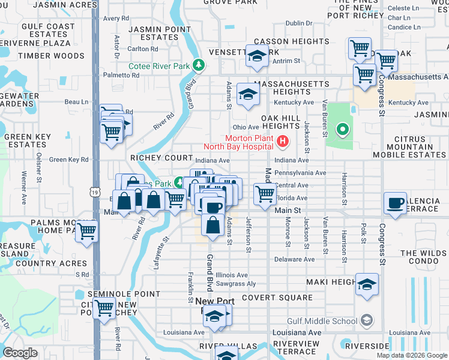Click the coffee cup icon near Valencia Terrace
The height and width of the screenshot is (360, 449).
tap(396, 203)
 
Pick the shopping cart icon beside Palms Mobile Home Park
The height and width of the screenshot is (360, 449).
tap(88, 229)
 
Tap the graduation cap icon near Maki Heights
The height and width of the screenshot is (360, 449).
tap(367, 284)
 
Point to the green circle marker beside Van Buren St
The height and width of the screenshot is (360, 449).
tap(343, 128)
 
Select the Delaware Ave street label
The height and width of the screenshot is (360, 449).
tap(294, 259)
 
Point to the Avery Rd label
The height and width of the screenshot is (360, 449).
tap(116, 19)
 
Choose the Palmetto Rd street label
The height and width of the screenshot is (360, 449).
tap(121, 76)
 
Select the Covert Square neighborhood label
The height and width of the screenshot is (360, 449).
tap(277, 298)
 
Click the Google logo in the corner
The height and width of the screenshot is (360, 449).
tap(20, 352)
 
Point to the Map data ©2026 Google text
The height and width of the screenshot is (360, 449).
tap(411, 355)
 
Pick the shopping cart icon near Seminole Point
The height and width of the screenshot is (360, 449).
tap(104, 308)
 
